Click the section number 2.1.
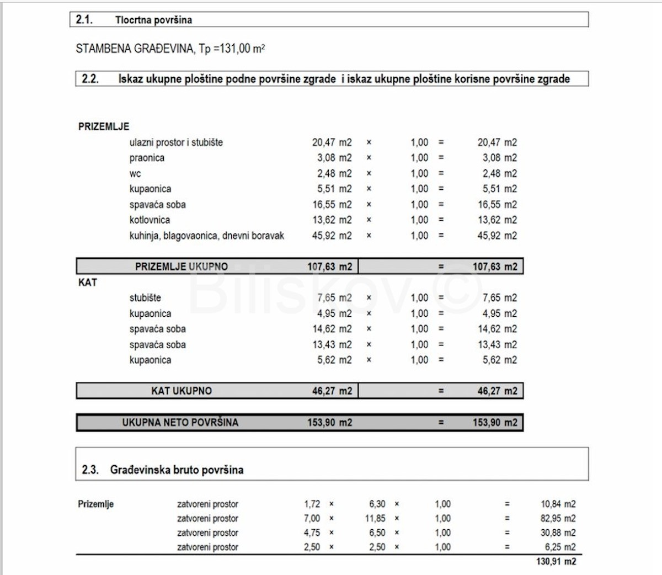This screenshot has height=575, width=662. [x=84, y=20]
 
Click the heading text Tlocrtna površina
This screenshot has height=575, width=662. [x=153, y=20]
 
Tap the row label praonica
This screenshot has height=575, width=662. [x=147, y=158]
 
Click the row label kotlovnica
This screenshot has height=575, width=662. [x=150, y=220]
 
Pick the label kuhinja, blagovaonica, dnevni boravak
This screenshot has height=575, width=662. [x=207, y=236]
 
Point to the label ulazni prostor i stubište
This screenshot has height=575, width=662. [x=176, y=142]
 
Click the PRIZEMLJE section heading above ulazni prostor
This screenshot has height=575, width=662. [x=104, y=126]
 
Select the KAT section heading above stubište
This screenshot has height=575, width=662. [x=88, y=283]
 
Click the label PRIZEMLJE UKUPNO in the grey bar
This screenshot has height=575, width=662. [x=181, y=267]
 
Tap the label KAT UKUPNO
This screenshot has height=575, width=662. [x=181, y=391]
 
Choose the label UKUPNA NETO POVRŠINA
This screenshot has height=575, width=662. [x=180, y=423]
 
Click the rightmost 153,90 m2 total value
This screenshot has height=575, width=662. [x=495, y=423]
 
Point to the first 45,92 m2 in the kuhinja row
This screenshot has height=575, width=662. [x=332, y=236]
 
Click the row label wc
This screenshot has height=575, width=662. [x=135, y=174]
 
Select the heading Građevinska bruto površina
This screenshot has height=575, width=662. [x=177, y=470]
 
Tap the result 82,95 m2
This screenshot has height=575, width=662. [x=558, y=519]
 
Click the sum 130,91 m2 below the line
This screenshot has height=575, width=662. [x=556, y=561]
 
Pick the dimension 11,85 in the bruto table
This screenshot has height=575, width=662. [x=375, y=519]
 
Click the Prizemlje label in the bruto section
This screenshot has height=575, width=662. [x=96, y=504]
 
